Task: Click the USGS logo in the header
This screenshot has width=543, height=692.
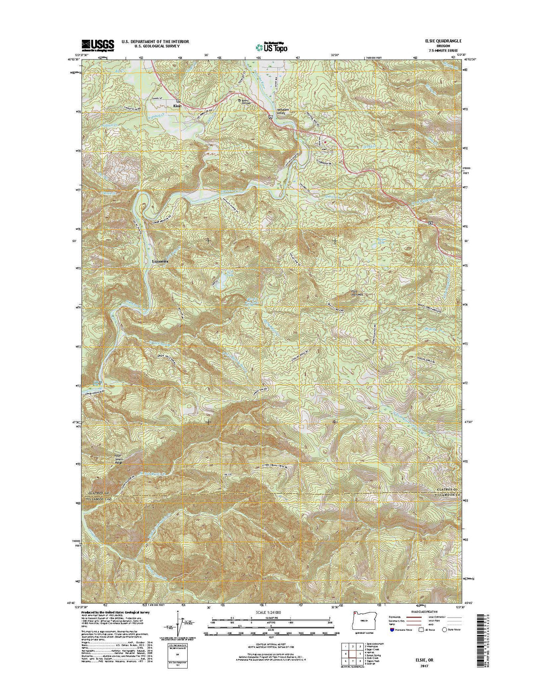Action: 98,44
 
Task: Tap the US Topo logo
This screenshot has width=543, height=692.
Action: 271,46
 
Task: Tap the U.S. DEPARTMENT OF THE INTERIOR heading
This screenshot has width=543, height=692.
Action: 155,42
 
